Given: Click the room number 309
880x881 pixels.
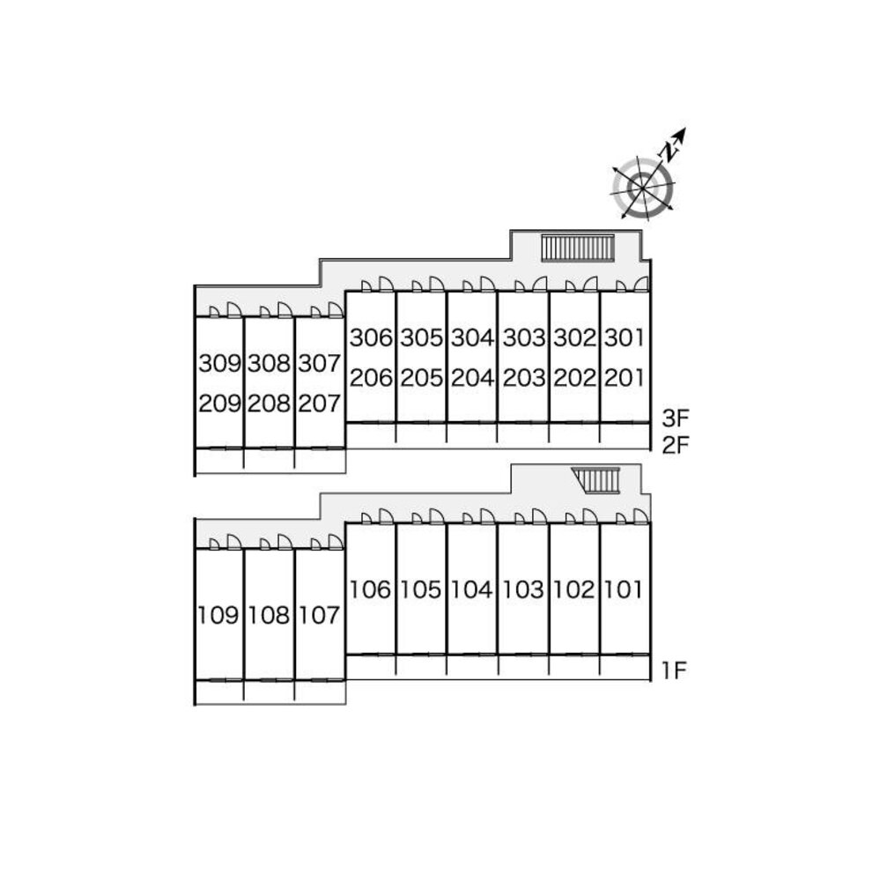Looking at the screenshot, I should click(219, 363).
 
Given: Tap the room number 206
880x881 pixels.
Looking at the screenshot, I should click(370, 378).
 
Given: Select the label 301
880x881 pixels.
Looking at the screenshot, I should click(625, 337).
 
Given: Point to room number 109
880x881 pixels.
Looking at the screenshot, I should click(219, 615).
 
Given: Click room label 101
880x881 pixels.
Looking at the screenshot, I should click(625, 589).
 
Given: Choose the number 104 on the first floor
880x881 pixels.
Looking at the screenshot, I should click(471, 589).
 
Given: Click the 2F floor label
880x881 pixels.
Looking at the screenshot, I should click(674, 444).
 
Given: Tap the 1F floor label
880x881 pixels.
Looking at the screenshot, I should click(674, 670).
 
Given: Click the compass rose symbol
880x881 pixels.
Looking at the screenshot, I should click(643, 188).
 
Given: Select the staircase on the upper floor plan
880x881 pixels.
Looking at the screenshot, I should click(577, 248).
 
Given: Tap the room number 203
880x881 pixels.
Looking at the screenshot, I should click(522, 378).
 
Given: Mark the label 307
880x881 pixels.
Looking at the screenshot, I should click(320, 363).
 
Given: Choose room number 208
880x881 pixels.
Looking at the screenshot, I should click(270, 403).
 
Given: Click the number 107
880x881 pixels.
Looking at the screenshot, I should click(320, 615).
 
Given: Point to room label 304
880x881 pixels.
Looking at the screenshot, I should click(471, 337).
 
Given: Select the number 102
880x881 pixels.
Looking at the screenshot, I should click(573, 589).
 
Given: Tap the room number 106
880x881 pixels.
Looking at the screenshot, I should click(370, 589).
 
